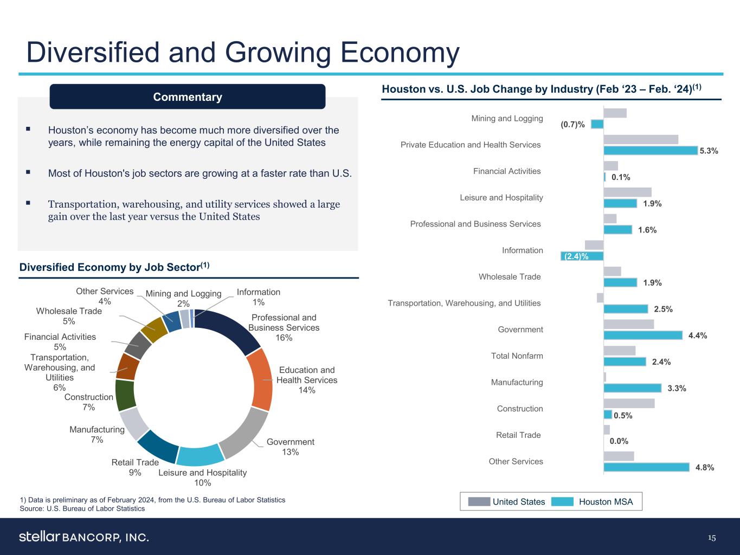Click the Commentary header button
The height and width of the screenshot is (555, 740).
point(188,96)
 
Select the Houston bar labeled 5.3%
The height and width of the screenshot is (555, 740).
point(650,151)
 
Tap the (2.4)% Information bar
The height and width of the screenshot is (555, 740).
point(582,256)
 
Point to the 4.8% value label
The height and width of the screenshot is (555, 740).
point(704,467)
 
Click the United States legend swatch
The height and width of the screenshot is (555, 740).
point(479,502)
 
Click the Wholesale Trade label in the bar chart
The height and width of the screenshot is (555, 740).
point(509,277)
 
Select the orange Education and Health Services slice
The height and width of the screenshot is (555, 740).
point(262,379)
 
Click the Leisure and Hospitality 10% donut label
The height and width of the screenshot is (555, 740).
point(202,477)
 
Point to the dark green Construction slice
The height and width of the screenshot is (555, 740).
point(125,395)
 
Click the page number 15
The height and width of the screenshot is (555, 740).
point(712,538)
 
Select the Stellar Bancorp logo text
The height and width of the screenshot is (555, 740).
point(84,537)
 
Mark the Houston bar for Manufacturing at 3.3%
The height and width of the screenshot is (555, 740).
point(632,388)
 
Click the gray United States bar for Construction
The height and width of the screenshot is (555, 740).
point(629,403)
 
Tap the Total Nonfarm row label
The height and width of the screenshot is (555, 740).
point(517,356)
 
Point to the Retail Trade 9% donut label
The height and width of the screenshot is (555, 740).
point(135,467)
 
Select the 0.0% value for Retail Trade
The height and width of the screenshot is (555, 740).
point(619,441)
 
